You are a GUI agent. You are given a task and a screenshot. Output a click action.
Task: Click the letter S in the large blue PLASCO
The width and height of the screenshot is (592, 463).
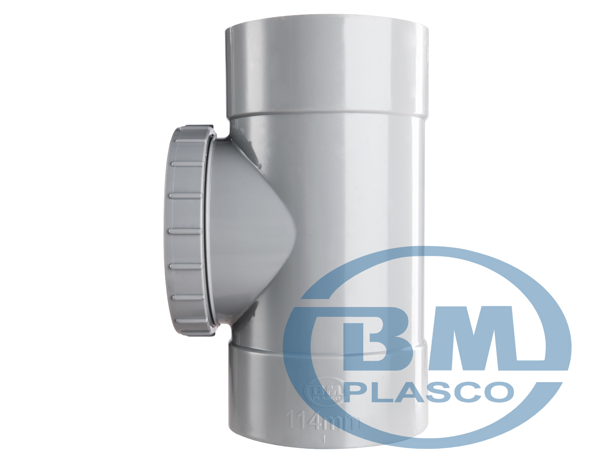pos(447,392)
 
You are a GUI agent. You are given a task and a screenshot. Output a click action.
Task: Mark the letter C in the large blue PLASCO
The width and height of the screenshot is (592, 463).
pos(477,392)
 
